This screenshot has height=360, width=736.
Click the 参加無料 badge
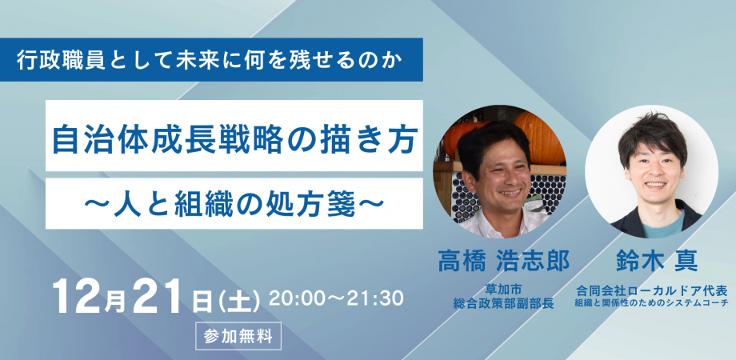point(238,336)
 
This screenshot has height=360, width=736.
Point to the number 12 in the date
point(74,298)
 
